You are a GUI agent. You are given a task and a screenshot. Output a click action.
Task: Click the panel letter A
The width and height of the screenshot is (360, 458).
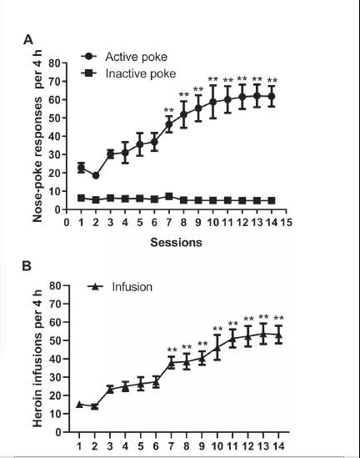click(28, 40)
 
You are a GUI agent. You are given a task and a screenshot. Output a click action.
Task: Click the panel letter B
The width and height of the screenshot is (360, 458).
click(27, 266)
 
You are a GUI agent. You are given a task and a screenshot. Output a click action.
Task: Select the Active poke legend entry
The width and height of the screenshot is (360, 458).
click(124, 57)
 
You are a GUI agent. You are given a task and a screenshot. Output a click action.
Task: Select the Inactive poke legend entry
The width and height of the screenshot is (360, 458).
click(128, 73)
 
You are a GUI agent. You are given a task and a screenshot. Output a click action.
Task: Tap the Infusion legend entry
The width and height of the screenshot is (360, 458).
click(120, 287)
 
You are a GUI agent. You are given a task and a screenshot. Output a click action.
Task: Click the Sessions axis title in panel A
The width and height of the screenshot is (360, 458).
click(176, 243)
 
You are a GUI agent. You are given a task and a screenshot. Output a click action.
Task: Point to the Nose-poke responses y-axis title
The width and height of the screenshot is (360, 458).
click(37, 136)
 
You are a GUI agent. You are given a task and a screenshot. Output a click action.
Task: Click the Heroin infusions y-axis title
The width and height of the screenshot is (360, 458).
click(37, 359)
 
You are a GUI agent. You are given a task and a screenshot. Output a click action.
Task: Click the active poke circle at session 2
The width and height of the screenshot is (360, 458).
click(96, 175)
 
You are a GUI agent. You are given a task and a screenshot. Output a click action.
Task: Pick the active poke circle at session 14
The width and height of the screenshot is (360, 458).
click(272, 96)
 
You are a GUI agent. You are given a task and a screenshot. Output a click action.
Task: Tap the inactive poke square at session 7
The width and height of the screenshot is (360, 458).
click(169, 196)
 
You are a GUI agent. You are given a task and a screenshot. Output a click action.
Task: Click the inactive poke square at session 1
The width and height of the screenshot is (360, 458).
click(81, 199)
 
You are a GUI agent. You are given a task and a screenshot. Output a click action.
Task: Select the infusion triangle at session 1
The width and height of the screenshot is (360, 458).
click(79, 405)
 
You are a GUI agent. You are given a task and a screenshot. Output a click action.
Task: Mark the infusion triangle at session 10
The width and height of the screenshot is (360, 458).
click(217, 348)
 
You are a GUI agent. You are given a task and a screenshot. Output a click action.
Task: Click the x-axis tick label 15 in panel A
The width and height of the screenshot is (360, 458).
click(286, 223)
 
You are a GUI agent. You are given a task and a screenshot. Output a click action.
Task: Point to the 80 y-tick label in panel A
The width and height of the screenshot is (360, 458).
click(54, 63)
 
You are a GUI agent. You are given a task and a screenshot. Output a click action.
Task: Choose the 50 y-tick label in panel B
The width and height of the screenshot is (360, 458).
click(56, 340)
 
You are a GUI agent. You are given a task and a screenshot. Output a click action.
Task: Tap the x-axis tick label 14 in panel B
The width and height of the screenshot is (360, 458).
click(278, 446)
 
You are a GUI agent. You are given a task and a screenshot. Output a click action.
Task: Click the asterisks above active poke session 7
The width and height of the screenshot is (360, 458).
click(168, 110)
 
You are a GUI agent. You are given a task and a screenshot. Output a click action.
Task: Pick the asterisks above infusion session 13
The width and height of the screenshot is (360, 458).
click(263, 317)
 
